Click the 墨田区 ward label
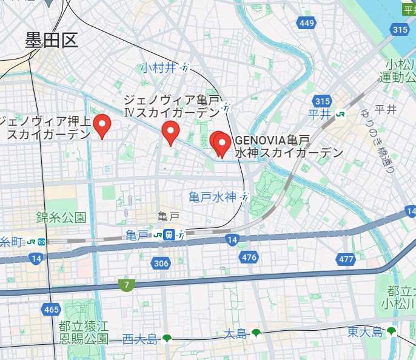tap(52, 41)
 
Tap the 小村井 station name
tap(158, 67)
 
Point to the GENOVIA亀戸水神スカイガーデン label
tap(289, 146)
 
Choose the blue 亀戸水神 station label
tap(212, 197)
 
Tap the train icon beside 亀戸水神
tap(245, 197)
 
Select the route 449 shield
tap(307, 23)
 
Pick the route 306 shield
tap(161, 263)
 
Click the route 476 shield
tap(249, 257)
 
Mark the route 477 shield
tap(346, 259)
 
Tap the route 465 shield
tap(52, 310)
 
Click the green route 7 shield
tap(127, 284)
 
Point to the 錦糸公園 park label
tap(61, 217)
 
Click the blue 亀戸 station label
tap(137, 235)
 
